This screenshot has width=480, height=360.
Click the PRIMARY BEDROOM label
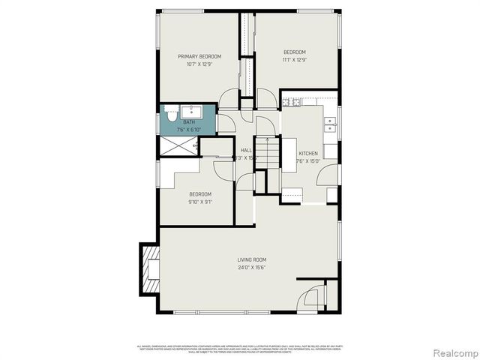pos(199,57)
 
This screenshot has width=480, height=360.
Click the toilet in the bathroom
pos(169,118)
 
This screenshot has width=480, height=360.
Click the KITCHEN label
pos(308,153)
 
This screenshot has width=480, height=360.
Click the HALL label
pos(246,150)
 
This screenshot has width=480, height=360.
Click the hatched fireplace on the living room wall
pos(150,269)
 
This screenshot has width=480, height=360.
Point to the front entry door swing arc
pos(309,301)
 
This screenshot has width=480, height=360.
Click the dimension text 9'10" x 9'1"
pos(199,201)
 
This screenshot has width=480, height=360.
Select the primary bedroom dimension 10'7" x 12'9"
pos(199,64)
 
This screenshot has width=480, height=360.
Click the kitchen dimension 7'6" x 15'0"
pos(307,160)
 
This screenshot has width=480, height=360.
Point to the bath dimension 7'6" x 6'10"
pos(189,129)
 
